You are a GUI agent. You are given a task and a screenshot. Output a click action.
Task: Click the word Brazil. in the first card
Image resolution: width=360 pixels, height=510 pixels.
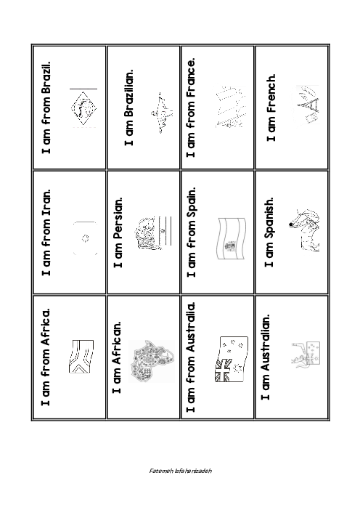click(x=46, y=80)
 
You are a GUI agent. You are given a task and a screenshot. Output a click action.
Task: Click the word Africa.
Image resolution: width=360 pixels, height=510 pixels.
click(x=46, y=326)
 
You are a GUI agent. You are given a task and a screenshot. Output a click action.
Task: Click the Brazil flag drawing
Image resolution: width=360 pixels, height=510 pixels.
click(x=83, y=108)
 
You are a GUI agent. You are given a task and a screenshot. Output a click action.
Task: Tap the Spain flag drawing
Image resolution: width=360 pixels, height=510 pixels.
click(x=232, y=238)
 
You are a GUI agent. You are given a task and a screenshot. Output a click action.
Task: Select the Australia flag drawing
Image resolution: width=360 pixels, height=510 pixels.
click(x=231, y=359)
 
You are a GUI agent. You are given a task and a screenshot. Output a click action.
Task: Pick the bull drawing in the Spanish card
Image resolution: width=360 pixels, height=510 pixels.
click(x=304, y=230)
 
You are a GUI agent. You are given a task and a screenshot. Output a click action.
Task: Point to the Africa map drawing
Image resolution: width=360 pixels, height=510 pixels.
click(x=152, y=361)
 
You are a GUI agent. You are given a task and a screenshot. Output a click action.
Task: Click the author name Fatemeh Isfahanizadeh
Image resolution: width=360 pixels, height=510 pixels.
click(x=180, y=471)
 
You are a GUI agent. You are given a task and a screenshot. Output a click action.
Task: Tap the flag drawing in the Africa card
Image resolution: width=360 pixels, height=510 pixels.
click(x=81, y=357)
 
